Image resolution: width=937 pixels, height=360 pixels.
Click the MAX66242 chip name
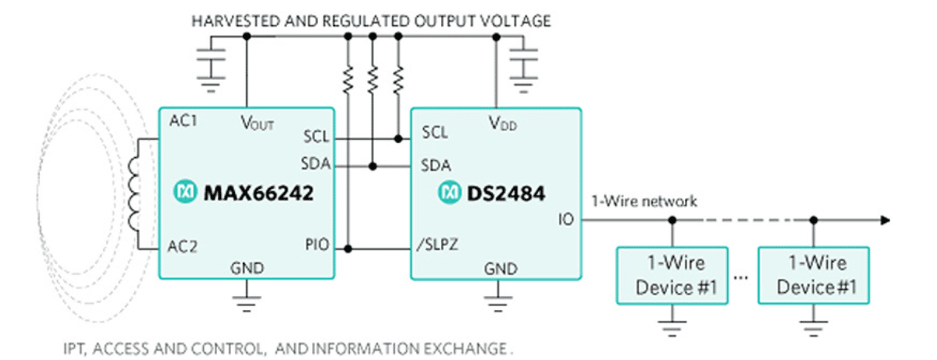258,191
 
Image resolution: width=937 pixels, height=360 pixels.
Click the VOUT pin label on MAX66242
255,123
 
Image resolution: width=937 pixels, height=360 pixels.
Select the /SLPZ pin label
436,247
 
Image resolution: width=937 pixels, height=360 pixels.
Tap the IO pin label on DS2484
565,219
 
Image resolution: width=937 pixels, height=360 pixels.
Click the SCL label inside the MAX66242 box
316,137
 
